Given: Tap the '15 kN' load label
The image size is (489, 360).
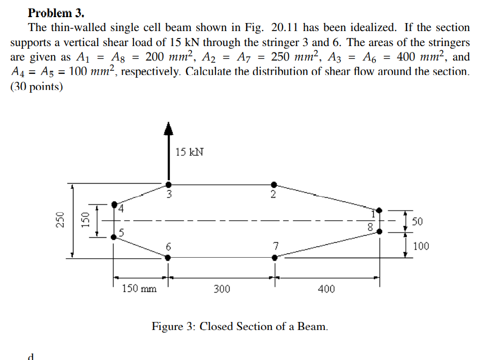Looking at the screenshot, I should click(189, 152).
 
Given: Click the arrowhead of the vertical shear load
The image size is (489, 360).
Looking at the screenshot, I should click(168, 127).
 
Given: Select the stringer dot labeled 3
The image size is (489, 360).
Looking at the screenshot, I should click(168, 184).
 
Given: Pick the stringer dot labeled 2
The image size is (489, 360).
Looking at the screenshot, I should click(275, 184).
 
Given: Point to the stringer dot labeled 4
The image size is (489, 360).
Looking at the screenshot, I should click(114, 204).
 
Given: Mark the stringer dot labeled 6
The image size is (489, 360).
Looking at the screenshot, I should click(168, 257).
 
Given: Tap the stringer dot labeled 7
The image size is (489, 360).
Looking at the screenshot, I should click(275, 257).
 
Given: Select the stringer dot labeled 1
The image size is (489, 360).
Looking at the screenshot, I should click(380, 210).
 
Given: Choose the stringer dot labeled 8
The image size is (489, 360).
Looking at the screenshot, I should click(380, 231).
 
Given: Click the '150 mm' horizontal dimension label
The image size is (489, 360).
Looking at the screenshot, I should click(139, 289).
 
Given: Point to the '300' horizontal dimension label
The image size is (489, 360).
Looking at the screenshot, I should click(221, 289).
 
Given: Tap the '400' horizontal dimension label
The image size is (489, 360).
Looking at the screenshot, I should click(326, 289).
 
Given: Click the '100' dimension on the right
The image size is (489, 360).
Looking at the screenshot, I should click(421, 246).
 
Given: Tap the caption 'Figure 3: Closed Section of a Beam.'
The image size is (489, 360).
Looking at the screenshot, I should click(240, 326).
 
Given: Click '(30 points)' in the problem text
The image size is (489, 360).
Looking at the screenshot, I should click(36, 86).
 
